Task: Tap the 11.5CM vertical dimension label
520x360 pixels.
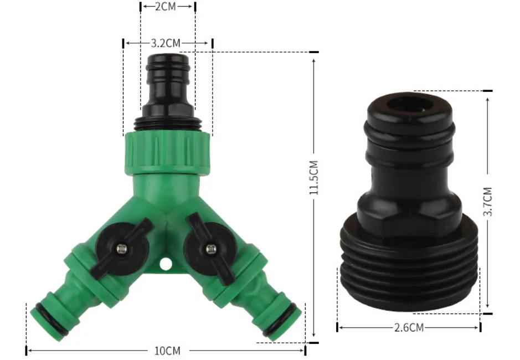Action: [x=313, y=178]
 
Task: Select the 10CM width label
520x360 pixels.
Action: [x=167, y=350]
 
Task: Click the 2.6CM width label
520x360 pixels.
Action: [x=409, y=327]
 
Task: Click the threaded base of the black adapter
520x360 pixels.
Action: [x=408, y=271]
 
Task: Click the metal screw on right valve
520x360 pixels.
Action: [x=210, y=249]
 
